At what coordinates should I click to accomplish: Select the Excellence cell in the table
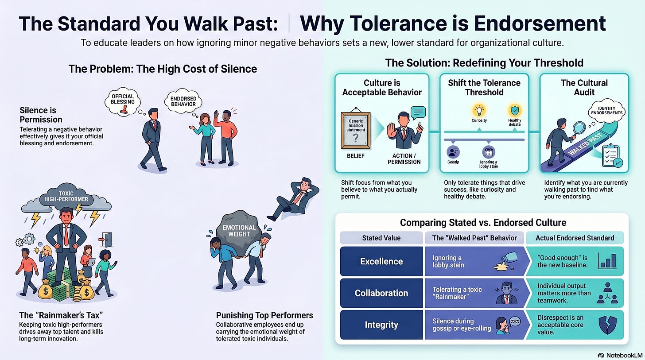point(381,261)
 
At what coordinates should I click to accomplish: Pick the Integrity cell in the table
point(381,325)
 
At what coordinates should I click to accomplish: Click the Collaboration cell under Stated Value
point(381,293)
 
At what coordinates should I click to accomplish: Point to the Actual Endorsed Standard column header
point(575,238)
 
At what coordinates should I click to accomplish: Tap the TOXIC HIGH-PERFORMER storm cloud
point(66,197)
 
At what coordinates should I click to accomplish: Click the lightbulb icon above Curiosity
point(479,110)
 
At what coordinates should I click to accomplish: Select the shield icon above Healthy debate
point(515,110)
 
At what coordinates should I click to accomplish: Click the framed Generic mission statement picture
point(356,130)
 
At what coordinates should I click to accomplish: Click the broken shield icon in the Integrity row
point(608,325)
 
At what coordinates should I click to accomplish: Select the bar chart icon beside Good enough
point(608,261)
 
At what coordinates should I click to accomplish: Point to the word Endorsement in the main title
point(540,23)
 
